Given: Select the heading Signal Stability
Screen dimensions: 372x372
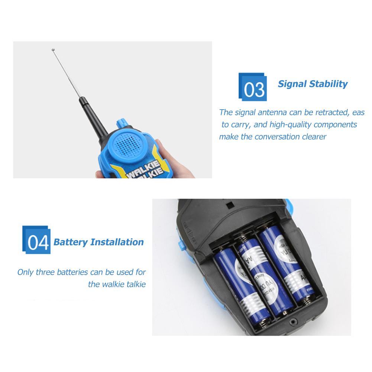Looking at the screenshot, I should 313,84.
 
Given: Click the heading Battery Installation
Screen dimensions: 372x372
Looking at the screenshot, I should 98,242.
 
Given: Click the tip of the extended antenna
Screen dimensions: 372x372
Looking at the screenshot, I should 53,49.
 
